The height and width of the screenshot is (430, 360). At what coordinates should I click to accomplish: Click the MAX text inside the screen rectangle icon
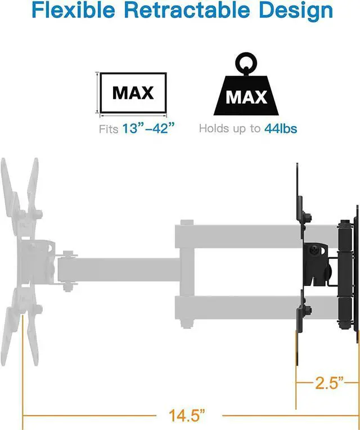(x=133, y=93)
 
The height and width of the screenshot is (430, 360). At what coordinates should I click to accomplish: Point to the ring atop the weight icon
(x=246, y=61)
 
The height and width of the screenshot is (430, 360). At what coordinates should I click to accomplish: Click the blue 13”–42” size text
(x=145, y=129)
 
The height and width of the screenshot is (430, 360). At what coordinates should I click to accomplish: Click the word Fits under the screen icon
(x=109, y=129)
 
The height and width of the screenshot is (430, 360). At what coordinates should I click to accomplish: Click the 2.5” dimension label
(x=328, y=384)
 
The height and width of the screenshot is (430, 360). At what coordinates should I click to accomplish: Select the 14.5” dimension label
(x=187, y=416)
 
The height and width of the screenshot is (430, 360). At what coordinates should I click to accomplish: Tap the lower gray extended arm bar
(x=236, y=307)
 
